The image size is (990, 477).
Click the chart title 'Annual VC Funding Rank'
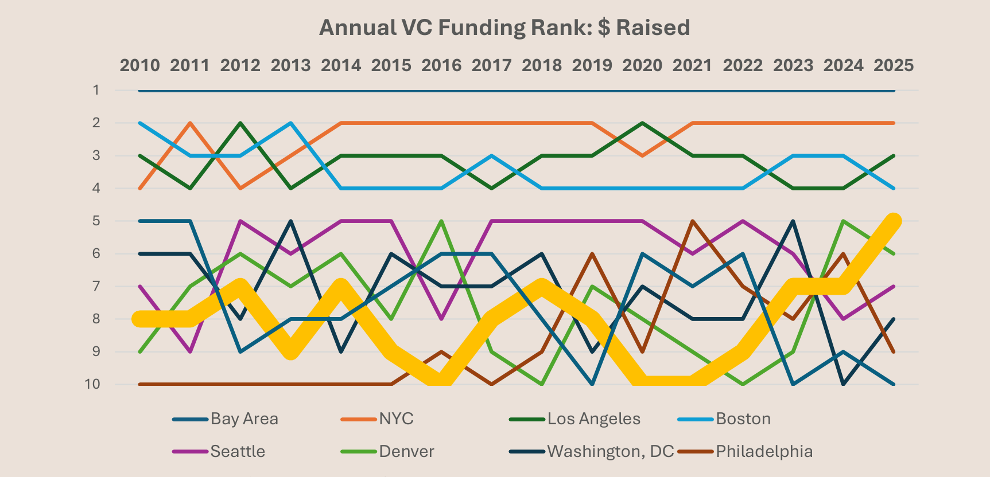coord(504,28)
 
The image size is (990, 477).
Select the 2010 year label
coord(139,65)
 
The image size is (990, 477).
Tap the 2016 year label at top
coord(441,65)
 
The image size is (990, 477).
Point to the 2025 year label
coord(894,65)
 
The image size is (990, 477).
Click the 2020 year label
coord(642,65)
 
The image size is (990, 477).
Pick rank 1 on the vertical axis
coord(96,90)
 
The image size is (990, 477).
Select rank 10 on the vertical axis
coord(93,384)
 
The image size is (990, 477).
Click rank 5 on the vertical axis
coord(96,221)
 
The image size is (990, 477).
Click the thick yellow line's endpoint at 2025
coord(894,221)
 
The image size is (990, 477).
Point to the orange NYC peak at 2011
coord(190,123)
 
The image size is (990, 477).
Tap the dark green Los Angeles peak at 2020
coord(642,123)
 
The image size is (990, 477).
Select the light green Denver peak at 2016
coord(441,221)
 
